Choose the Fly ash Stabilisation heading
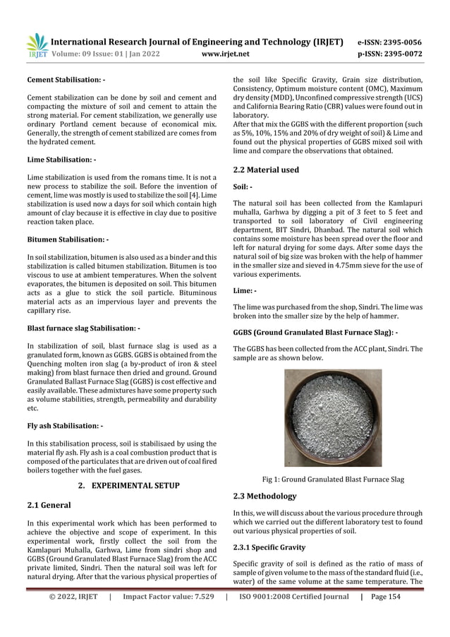pos(65,426)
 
